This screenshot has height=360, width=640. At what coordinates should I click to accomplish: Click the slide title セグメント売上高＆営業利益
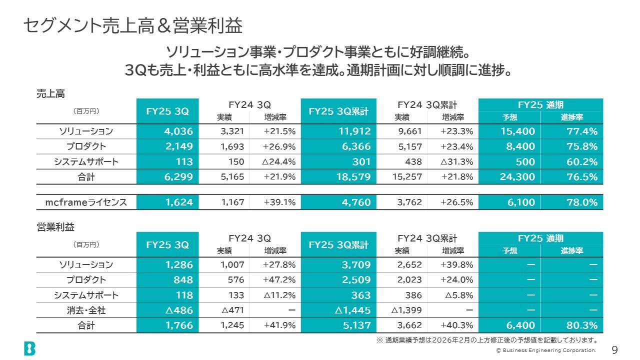132,26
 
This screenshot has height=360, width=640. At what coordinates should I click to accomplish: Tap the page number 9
614,349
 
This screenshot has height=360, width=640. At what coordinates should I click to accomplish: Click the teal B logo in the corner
29,348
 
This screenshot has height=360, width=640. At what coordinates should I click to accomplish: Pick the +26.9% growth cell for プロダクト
279,146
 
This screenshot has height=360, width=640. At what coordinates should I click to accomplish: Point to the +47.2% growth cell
279,279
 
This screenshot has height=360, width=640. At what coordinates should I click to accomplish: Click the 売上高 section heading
50,93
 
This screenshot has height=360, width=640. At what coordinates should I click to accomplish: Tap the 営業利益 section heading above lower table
55,227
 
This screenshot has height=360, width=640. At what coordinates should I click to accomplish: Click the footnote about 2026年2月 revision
487,340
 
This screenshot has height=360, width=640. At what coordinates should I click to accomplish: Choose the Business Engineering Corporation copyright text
546,350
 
